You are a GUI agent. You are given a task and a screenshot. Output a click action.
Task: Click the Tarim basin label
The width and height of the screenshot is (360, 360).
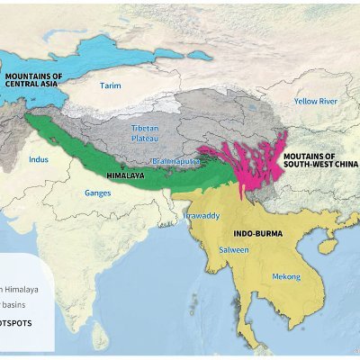pos(110,86)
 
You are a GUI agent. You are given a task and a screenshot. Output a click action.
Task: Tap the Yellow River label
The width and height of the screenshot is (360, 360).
pos(316,102)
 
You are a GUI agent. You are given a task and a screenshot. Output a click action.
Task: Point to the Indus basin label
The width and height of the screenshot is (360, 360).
pos(39,159)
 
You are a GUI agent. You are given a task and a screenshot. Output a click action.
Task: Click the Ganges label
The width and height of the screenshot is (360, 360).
pos(97,193)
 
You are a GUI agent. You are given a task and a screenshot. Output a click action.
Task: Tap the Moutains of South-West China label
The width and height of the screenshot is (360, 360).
pos(320,159)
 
